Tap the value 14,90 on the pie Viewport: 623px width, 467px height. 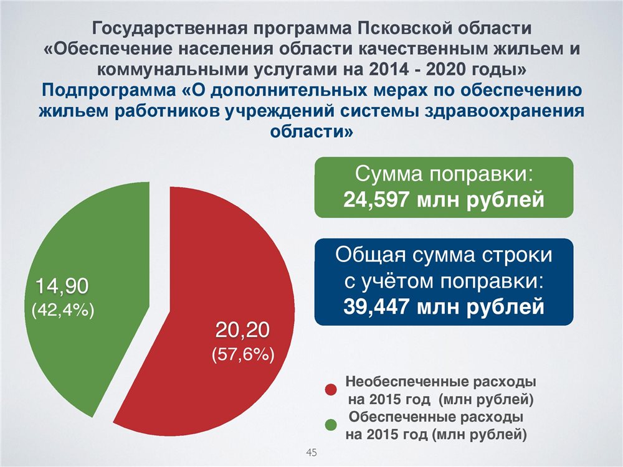[x=62, y=286]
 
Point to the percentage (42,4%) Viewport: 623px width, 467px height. [x=63, y=311]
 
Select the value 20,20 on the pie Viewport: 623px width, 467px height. [x=242, y=330]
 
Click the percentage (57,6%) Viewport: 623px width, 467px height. [x=243, y=354]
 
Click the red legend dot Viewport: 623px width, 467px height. [x=331, y=390]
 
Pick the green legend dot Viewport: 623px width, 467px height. [x=331, y=425]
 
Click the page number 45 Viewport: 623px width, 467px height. [x=311, y=452]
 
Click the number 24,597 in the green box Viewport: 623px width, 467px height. [x=376, y=199]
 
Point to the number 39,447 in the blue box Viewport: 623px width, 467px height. [x=376, y=306]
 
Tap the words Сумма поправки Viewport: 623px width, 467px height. [x=444, y=174]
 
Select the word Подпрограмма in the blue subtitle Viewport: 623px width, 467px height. [x=108, y=90]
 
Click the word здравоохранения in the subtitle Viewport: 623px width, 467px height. [x=505, y=111]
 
